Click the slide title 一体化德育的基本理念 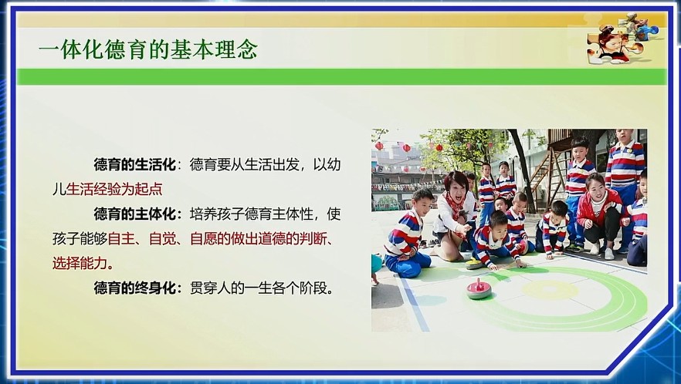pos(148,49)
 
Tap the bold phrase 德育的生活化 pos(135,165)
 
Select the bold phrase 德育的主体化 pos(135,214)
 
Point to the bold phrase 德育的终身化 pos(135,288)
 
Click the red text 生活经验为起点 pos(114,189)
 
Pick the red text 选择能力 pos(80,263)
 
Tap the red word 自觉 pos(162,238)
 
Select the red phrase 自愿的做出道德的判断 pos(258,238)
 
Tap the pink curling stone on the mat pos(479,289)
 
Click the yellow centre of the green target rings pos(550,289)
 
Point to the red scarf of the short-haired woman pos(456,207)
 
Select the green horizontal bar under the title pos(342,77)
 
